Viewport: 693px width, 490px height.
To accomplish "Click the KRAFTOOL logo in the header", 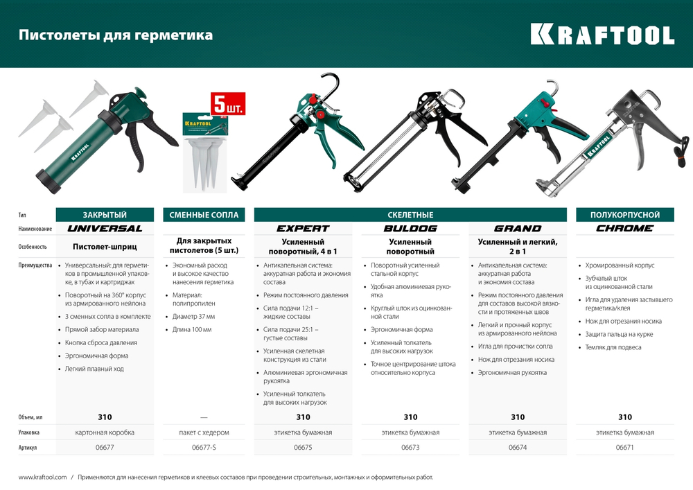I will point(602,35).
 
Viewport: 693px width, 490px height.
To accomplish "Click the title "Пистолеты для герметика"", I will point(115,35).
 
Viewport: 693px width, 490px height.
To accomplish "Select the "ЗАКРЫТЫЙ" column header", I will point(105,215).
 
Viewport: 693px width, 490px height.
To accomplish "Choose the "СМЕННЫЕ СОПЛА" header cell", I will point(204,215).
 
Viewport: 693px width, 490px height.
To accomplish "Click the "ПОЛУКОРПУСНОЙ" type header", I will point(625,215).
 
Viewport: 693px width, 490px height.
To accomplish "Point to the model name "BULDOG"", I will point(410,228).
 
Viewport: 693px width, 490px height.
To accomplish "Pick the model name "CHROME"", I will point(625,228).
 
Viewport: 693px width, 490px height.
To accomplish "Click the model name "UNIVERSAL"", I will point(105,228).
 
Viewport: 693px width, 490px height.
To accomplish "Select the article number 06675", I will point(303,448).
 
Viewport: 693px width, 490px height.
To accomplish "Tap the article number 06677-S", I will point(204,448).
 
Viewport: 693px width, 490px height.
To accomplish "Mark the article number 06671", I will point(625,448).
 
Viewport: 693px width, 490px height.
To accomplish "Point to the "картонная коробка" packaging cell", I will point(105,432).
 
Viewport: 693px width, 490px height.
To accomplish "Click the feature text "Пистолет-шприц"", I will point(105,246).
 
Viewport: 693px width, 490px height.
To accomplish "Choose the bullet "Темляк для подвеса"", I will point(613,347).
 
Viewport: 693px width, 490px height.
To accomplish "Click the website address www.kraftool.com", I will point(42,477).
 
